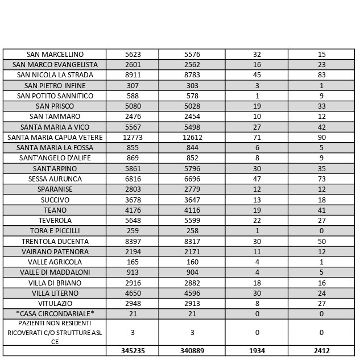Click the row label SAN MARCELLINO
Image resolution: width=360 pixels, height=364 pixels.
(55, 55)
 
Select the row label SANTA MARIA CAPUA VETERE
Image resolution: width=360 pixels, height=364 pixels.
(55, 138)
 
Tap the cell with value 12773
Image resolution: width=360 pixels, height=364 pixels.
(133, 138)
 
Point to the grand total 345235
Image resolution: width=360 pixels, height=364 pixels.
(133, 351)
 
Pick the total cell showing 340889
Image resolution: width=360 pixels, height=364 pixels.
(192, 351)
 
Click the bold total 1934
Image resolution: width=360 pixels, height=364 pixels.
(256, 351)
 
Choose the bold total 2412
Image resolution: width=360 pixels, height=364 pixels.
(321, 351)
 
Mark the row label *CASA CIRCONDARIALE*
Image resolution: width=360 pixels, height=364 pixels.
(55, 314)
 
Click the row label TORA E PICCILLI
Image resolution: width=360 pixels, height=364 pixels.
(55, 231)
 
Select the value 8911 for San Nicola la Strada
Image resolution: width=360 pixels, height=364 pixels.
(133, 75)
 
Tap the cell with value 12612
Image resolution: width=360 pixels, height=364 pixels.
(192, 138)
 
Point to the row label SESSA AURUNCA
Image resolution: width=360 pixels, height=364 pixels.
(55, 179)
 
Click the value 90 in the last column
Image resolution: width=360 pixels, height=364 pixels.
(321, 138)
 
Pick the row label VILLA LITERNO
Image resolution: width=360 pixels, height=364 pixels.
(55, 293)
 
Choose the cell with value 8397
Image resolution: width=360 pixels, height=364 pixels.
(133, 241)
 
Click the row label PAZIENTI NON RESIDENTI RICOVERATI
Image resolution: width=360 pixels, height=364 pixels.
(55, 332)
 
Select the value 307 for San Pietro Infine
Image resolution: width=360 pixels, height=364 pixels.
(133, 86)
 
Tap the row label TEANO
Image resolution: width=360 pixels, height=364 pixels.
(55, 210)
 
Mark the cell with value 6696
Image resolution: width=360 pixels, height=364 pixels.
(192, 179)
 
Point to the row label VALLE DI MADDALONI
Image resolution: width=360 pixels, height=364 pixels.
(55, 272)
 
